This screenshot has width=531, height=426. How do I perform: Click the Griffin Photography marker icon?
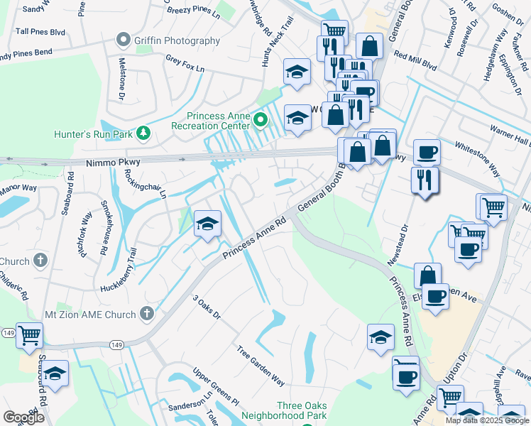125,40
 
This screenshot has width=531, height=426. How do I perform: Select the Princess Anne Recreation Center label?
212,121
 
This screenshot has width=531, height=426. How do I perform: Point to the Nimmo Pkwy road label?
113,163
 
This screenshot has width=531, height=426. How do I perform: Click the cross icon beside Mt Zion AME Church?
147,312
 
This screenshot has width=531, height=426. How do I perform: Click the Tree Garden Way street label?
261,366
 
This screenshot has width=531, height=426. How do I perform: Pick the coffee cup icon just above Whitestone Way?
427,151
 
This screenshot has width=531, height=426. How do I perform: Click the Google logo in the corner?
23,417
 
